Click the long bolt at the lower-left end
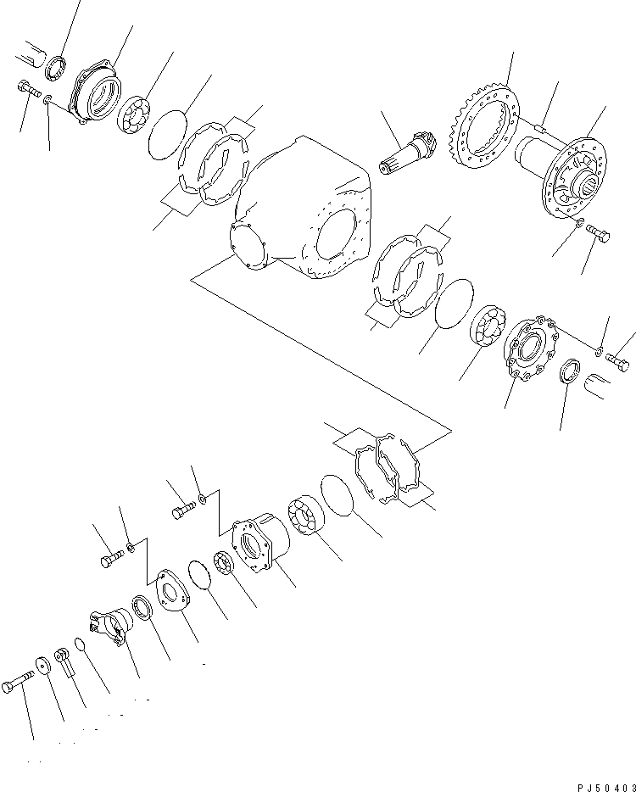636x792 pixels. [x=22, y=678]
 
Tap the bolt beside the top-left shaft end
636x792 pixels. [x=28, y=89]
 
